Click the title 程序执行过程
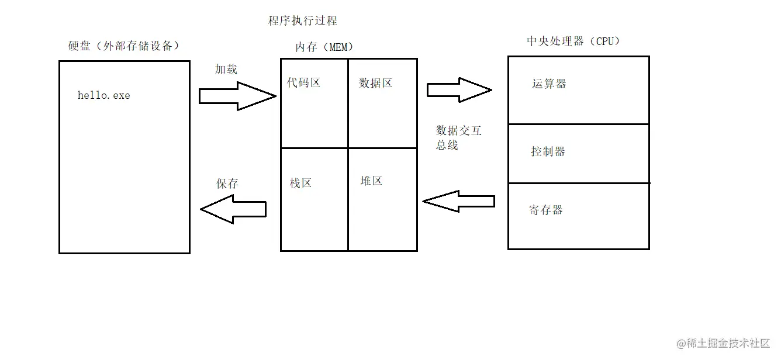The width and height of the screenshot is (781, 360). pyautogui.click(x=302, y=21)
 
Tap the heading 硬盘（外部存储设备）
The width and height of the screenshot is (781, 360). pyautogui.click(x=123, y=46)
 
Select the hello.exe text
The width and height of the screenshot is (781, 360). pyautogui.click(x=104, y=95)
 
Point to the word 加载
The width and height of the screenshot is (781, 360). pyautogui.click(x=226, y=69)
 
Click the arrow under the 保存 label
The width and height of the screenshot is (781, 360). pyautogui.click(x=233, y=209)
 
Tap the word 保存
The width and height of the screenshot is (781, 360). pyautogui.click(x=227, y=184)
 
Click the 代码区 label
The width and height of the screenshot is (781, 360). pyautogui.click(x=304, y=82)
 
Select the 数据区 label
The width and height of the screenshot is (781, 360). pyautogui.click(x=375, y=83)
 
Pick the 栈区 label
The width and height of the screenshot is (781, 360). pyautogui.click(x=301, y=183)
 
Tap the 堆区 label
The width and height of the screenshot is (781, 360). pyautogui.click(x=371, y=181)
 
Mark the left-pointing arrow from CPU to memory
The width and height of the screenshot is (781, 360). pyautogui.click(x=458, y=202)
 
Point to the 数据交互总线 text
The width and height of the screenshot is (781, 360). pyautogui.click(x=458, y=137)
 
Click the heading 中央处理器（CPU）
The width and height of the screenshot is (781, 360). pyautogui.click(x=573, y=41)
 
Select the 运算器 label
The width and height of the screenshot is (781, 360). pyautogui.click(x=549, y=84)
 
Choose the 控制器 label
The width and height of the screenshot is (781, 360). pyautogui.click(x=548, y=151)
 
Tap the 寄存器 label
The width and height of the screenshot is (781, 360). pyautogui.click(x=546, y=210)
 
